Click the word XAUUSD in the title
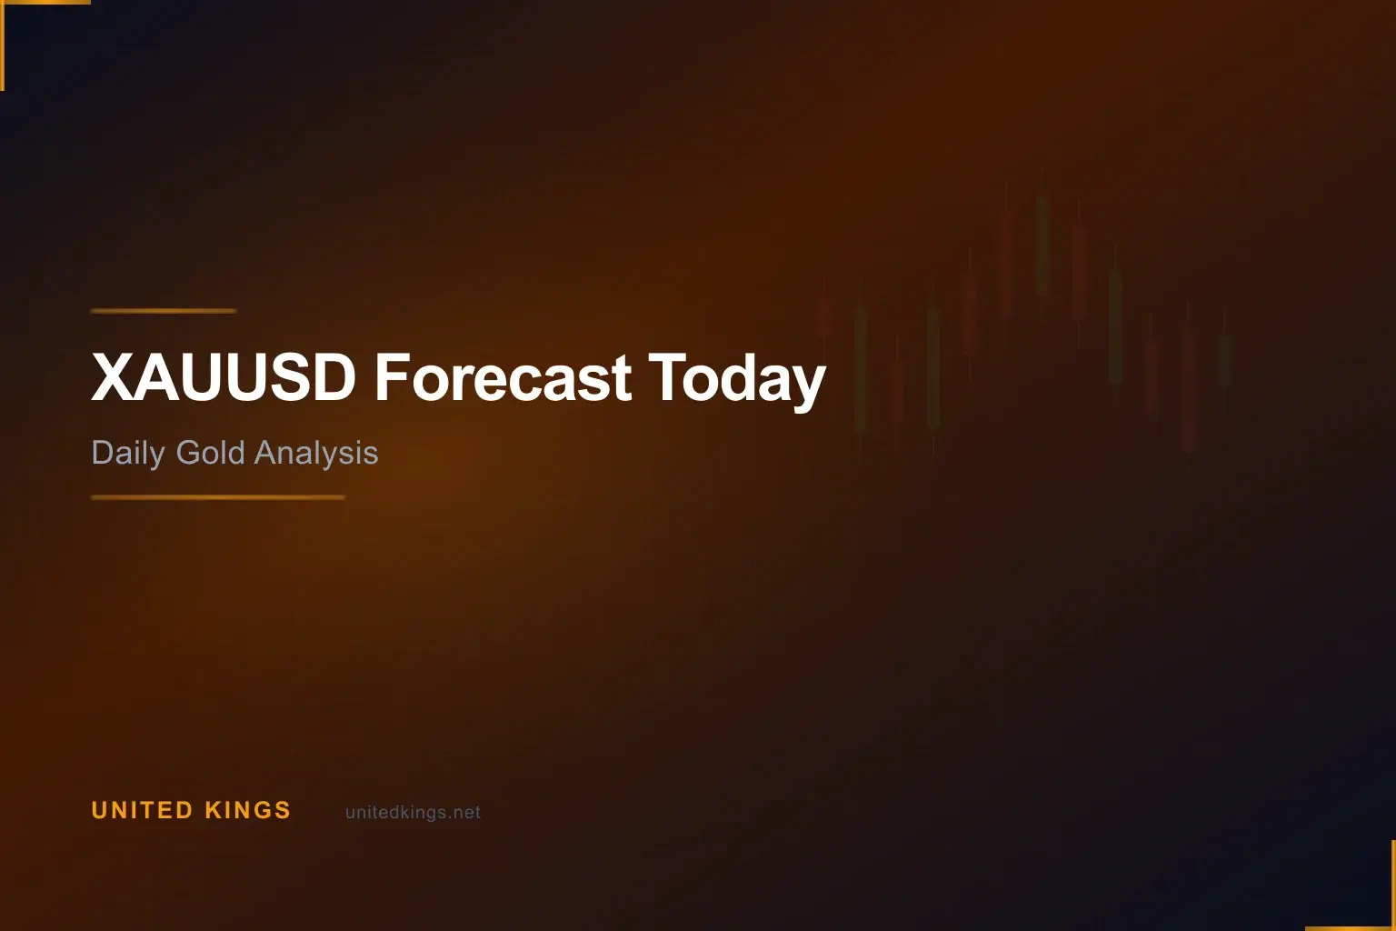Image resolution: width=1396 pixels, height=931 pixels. (x=223, y=377)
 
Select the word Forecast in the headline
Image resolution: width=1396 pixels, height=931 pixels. (x=503, y=377)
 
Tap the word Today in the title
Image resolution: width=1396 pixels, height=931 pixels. (x=736, y=379)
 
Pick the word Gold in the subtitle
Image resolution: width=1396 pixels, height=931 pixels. (x=210, y=452)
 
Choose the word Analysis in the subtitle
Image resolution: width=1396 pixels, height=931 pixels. (x=316, y=453)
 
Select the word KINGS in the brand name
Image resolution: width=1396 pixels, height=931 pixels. (x=247, y=810)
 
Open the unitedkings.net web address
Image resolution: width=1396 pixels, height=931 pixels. (x=413, y=813)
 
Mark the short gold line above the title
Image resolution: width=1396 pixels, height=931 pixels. (x=164, y=311)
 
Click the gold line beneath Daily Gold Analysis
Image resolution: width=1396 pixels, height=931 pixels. (x=218, y=497)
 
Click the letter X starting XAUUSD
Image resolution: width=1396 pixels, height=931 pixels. (x=113, y=377)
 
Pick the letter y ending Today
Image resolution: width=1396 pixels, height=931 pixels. (x=808, y=384)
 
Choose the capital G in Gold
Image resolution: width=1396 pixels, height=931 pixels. (x=187, y=452)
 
